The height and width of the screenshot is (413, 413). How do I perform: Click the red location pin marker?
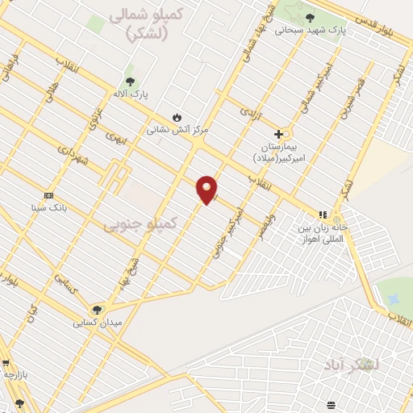click(x=206, y=189)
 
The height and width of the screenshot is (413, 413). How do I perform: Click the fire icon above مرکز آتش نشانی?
click(x=177, y=117)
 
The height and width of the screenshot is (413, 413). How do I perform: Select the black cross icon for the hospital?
click(x=278, y=134)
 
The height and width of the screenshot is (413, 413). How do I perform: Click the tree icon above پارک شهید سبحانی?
click(x=310, y=18)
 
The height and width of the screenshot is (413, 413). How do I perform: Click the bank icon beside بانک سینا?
click(x=49, y=195)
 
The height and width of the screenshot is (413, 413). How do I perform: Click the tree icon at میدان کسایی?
click(x=97, y=310)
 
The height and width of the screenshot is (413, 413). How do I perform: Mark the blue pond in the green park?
click(x=393, y=299)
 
